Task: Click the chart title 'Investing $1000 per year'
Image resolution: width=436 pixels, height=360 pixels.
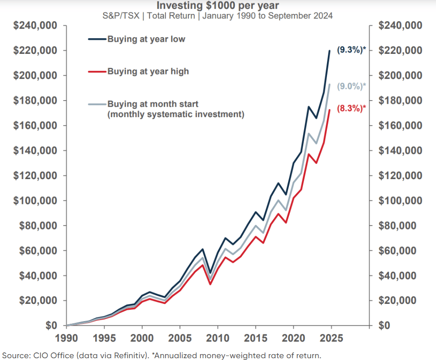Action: [x=218, y=6]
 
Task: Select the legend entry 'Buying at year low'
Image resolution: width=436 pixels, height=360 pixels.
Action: [x=146, y=39]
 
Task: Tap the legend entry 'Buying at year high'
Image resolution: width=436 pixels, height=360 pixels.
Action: [x=148, y=71]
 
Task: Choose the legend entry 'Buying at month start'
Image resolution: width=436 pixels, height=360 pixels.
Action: [x=153, y=104]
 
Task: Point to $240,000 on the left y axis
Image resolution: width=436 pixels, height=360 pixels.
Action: [x=35, y=26]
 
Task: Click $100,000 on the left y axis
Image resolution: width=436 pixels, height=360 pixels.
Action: [x=35, y=201]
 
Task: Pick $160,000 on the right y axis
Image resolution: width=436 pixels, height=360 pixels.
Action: [x=400, y=126]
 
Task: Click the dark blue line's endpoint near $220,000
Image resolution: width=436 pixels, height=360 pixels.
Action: [x=330, y=51]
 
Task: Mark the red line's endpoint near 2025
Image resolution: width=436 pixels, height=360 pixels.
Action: [x=330, y=110]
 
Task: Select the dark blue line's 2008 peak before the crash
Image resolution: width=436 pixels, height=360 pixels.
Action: [x=203, y=249]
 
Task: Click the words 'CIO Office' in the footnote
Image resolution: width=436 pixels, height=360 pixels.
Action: [x=48, y=356]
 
